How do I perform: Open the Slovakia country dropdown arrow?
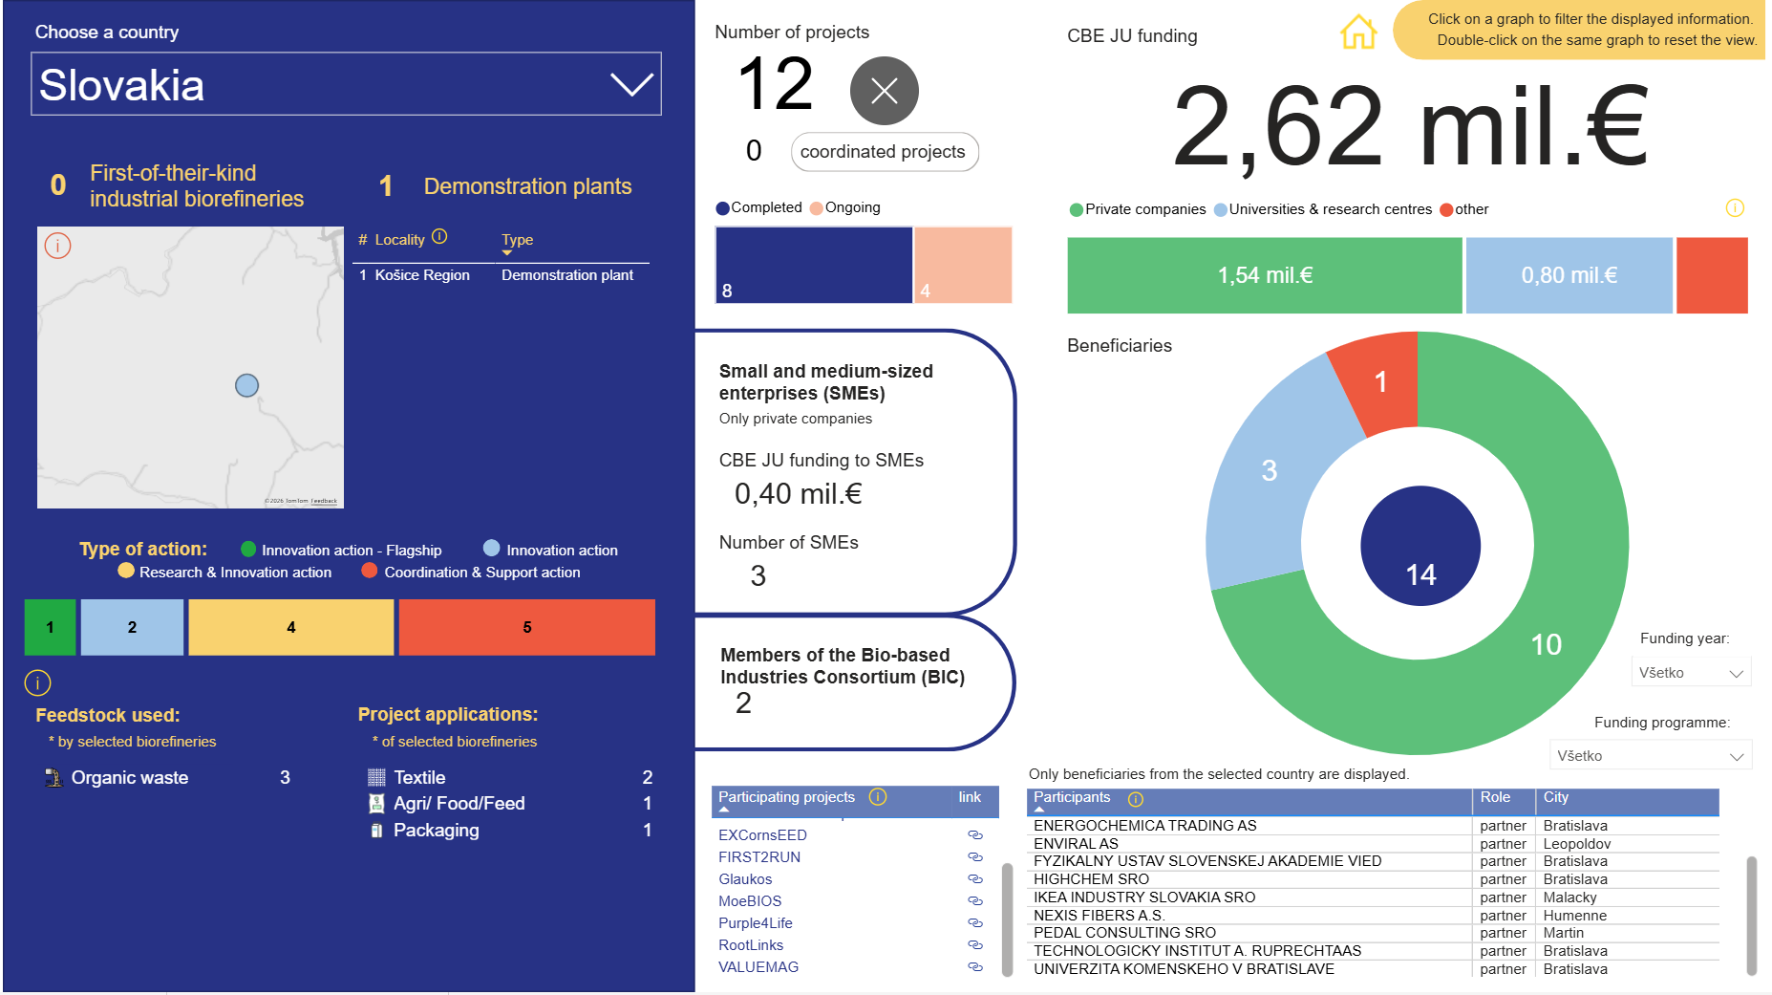point(631,84)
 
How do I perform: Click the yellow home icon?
point(1358,32)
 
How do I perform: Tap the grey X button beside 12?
point(884,91)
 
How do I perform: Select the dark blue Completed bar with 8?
point(814,265)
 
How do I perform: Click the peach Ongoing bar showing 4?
point(963,265)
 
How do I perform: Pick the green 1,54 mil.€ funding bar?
point(1265,275)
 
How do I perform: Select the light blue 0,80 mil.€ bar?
point(1569,275)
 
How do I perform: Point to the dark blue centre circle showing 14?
point(1420,546)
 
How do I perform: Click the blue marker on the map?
point(246,385)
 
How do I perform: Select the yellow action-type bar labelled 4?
point(291,627)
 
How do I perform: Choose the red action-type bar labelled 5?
point(527,627)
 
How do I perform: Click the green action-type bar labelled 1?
point(50,627)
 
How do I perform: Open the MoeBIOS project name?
point(750,901)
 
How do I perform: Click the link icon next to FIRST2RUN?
point(975,857)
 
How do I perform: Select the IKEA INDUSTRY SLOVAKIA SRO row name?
point(1144,898)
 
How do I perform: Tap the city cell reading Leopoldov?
point(1577,844)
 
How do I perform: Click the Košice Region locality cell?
point(422,275)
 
